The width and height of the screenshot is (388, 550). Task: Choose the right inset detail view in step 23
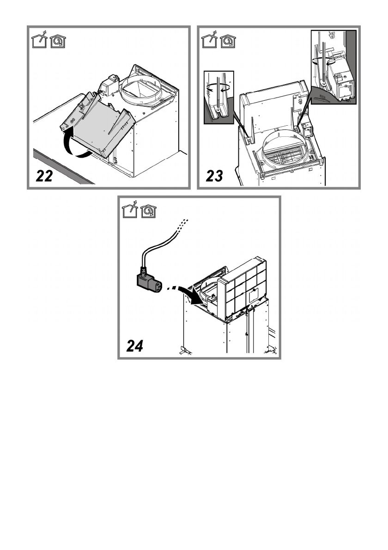[333, 67]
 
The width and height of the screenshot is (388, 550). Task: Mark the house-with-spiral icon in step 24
[148, 211]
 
